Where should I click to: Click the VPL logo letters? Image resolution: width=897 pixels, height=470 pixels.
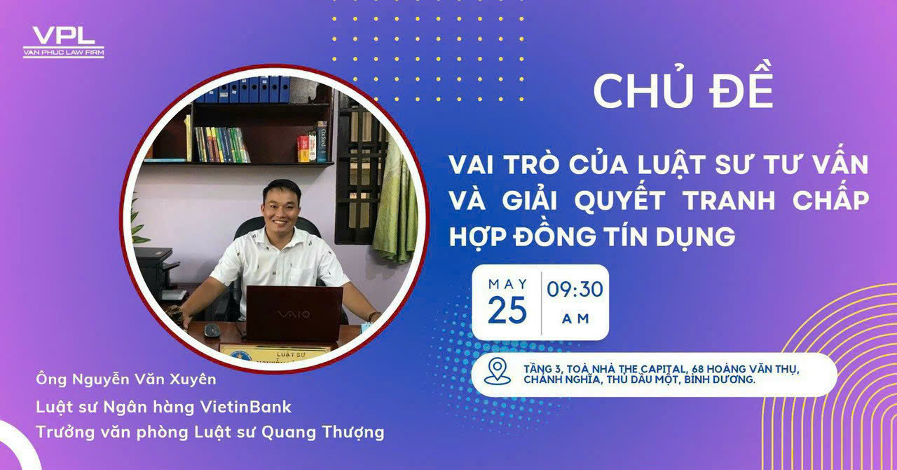tap(64, 36)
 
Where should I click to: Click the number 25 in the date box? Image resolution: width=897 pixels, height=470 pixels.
tap(507, 310)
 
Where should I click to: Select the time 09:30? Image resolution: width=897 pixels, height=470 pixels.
tap(575, 289)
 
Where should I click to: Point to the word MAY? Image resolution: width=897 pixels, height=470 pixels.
tap(508, 284)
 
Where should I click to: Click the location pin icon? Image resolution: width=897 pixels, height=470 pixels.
tap(498, 371)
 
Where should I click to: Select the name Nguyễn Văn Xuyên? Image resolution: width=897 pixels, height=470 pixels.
tap(144, 379)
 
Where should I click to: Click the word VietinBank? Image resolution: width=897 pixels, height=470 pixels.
tap(245, 407)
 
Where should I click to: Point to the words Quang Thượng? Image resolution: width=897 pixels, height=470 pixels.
tap(323, 432)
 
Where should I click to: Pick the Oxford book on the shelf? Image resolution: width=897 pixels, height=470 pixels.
tap(322, 142)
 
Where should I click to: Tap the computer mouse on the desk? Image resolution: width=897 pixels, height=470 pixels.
tap(212, 330)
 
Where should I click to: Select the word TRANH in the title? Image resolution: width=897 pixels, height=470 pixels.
tap(729, 201)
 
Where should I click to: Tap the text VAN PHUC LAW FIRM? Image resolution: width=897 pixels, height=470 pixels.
tap(64, 53)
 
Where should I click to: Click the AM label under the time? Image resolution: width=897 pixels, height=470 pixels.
tap(575, 318)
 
